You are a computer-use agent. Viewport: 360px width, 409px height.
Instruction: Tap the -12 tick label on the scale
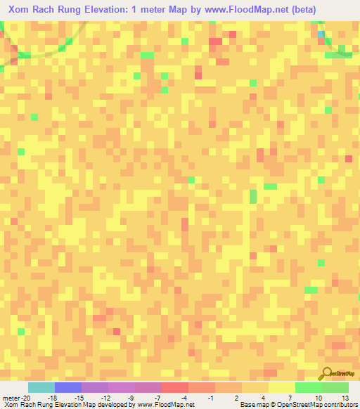105,398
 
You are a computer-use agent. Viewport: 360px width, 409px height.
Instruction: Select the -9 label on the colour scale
131,398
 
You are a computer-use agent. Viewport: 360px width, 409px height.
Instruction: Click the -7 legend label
159,398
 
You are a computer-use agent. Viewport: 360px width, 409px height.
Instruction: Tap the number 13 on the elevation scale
345,398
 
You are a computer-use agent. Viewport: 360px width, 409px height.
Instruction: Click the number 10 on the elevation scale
319,398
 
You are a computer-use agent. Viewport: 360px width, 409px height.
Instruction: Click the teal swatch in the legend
41,387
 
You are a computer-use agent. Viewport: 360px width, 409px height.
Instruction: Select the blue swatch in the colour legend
67,387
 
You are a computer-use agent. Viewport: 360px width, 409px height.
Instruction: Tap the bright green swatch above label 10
308,387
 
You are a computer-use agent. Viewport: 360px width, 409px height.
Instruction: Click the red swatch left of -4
174,387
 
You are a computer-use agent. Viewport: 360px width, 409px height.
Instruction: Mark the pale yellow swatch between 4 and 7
281,387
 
